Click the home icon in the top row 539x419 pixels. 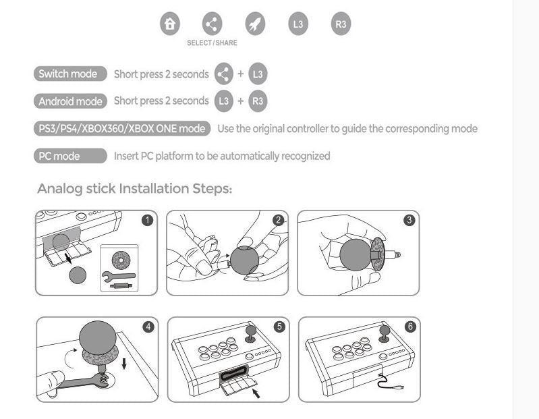pos(170,24)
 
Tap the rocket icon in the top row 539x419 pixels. pos(255,24)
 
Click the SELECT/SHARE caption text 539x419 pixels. pos(212,43)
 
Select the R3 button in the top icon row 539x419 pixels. pos(341,24)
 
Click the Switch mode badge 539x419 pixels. pos(70,74)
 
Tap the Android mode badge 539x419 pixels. pos(70,101)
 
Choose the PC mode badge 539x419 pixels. pos(70,156)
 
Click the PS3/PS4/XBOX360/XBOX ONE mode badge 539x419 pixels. pos(122,129)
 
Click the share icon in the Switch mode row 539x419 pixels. pos(223,74)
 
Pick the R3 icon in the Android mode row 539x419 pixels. pos(258,101)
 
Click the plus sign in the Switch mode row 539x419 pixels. pos(241,74)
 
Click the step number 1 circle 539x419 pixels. pos(148,220)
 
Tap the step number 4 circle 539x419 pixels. pos(148,327)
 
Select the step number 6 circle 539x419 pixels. pos(410,327)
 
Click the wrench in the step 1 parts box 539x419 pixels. pos(118,275)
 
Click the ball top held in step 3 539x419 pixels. pos(356,254)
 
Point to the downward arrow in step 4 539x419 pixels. pos(124,363)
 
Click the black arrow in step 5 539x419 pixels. pos(256,393)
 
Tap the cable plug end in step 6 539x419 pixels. pos(399,388)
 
